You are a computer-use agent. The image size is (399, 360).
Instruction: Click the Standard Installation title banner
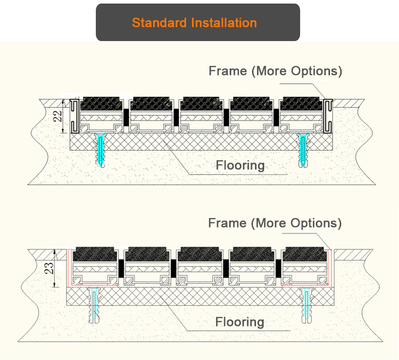point(198,22)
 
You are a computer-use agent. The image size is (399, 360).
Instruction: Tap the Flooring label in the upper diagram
point(240,165)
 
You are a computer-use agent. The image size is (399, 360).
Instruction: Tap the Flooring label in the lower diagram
point(239,322)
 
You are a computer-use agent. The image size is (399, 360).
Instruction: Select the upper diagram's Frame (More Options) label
point(275,71)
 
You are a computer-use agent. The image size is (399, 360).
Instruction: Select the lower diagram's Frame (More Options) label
point(275,223)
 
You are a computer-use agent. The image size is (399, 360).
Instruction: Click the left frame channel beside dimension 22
point(74,116)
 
